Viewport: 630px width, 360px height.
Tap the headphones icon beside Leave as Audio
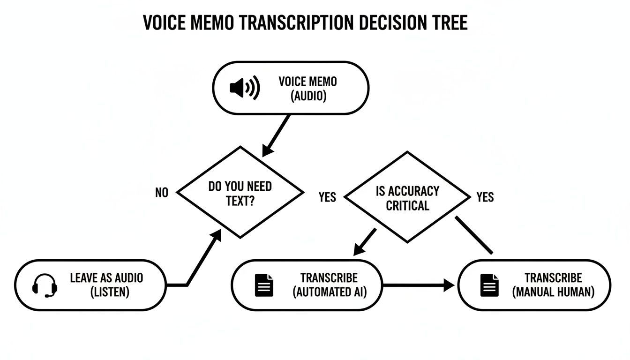[45, 285]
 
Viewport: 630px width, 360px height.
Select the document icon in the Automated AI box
[264, 285]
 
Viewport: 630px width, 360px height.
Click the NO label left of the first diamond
[161, 193]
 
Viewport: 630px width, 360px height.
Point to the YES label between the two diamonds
[327, 197]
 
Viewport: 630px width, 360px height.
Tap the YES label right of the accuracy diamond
[485, 197]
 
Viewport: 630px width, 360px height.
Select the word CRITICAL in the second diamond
[407, 205]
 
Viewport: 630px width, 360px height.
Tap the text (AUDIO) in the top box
[308, 96]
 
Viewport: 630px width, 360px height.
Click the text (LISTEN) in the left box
[109, 292]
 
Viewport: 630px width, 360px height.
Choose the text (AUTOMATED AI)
[330, 292]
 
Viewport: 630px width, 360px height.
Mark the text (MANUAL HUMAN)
[553, 292]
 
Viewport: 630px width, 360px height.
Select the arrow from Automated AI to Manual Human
[417, 285]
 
